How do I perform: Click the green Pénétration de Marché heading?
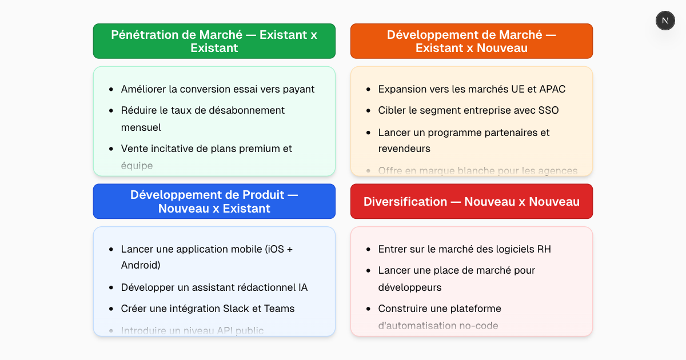pyautogui.click(x=214, y=41)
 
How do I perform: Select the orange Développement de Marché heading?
pyautogui.click(x=472, y=41)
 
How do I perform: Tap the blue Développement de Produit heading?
pyautogui.click(x=214, y=201)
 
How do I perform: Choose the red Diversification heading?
pyautogui.click(x=472, y=201)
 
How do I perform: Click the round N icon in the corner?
pyautogui.click(x=665, y=21)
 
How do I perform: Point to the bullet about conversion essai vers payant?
pyautogui.click(x=218, y=89)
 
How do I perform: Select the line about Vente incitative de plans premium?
pyautogui.click(x=206, y=149)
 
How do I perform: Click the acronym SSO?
pyautogui.click(x=548, y=110)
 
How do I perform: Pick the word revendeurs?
pyautogui.click(x=404, y=149)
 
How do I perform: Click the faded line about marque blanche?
pyautogui.click(x=478, y=170)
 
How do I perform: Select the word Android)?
pyautogui.click(x=141, y=265)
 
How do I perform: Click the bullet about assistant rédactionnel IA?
pyautogui.click(x=214, y=287)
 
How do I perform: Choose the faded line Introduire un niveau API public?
pyautogui.click(x=193, y=330)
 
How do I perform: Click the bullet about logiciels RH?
pyautogui.click(x=465, y=249)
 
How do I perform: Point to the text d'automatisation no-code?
pyautogui.click(x=438, y=326)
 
